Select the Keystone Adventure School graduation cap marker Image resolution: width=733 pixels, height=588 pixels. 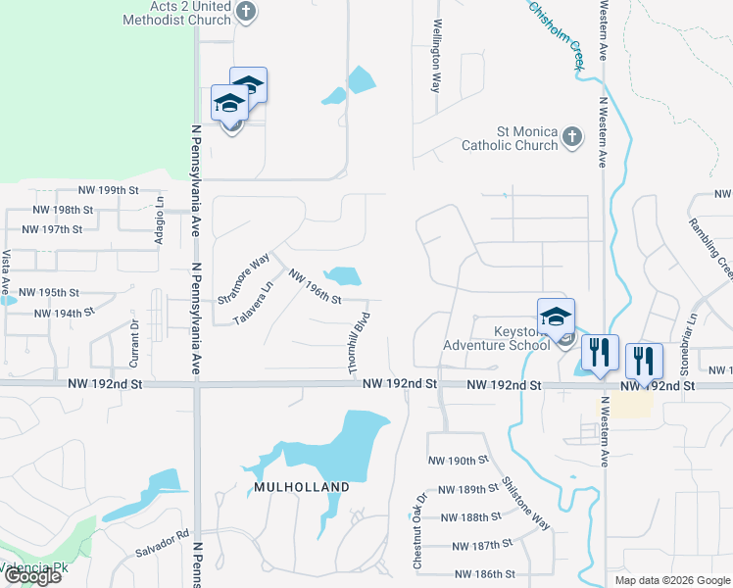coord(556,317)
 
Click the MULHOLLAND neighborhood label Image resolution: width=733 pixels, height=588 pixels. coord(302,487)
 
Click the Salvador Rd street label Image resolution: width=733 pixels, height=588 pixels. coord(162,543)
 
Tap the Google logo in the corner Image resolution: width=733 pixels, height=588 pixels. coord(31,576)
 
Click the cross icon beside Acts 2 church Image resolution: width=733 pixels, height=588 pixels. coord(246,13)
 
